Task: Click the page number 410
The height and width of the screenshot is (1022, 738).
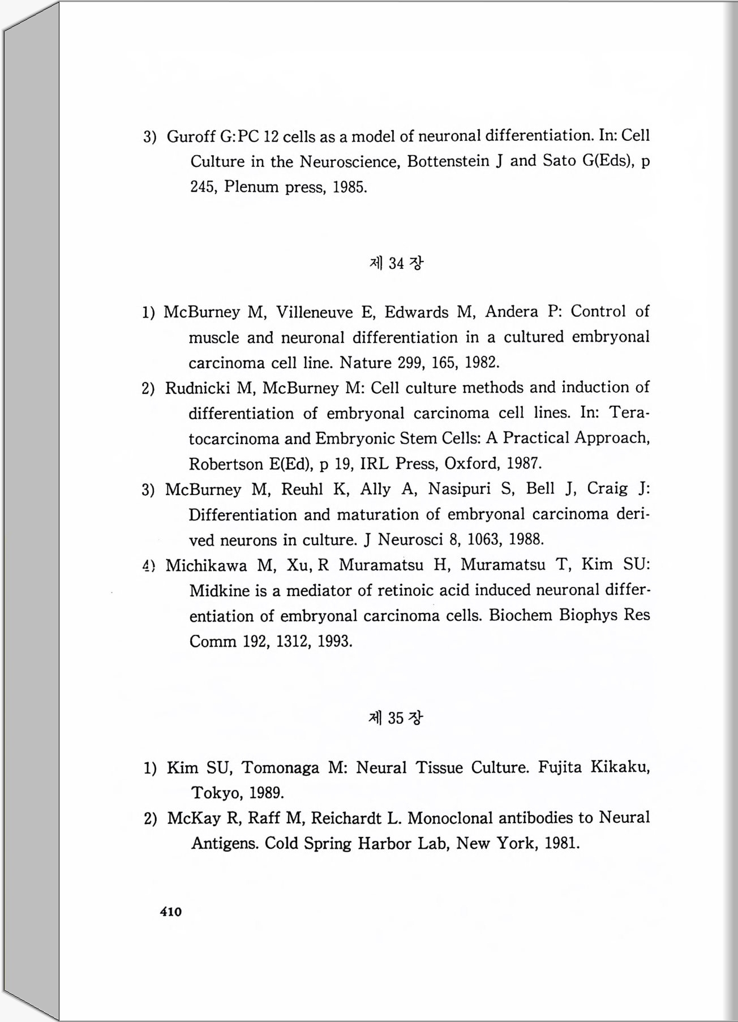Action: point(171,912)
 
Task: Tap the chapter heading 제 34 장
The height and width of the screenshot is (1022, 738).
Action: point(396,263)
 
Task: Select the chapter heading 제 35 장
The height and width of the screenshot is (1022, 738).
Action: point(396,718)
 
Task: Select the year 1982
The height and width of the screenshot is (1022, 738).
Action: point(482,362)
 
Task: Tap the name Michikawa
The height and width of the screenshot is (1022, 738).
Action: point(206,565)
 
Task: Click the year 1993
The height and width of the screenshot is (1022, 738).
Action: point(334,641)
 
